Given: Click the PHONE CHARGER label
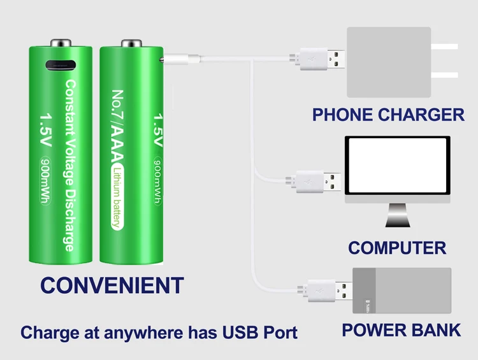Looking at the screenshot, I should (387, 115).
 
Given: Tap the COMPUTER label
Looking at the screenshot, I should (396, 247).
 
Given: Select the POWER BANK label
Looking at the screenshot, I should (401, 330).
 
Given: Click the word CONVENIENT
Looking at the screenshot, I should (112, 285).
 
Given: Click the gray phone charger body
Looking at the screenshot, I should (388, 62).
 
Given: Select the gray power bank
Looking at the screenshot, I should (402, 291).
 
